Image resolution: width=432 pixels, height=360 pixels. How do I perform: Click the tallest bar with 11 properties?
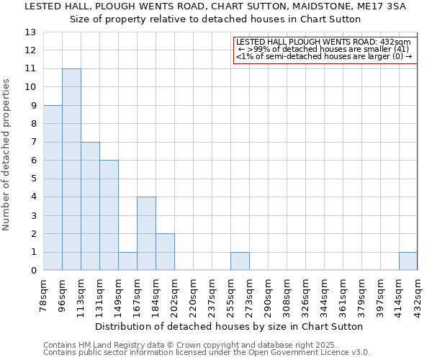[71, 169]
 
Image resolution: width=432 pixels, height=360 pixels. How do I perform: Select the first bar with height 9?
[53, 187]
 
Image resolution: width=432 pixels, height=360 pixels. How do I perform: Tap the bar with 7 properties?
[90, 206]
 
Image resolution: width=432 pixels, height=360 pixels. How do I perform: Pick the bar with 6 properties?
[109, 215]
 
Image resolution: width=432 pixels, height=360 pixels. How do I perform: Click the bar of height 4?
[146, 233]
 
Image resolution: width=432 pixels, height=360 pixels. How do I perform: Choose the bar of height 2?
[165, 252]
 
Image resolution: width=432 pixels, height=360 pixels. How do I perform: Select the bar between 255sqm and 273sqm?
[240, 261]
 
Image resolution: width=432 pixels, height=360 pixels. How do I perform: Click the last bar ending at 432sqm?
[408, 261]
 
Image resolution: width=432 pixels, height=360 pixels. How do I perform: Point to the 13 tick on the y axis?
[30, 32]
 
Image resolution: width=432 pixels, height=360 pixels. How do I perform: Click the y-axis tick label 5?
[33, 179]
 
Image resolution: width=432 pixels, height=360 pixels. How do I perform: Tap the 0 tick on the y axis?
[33, 271]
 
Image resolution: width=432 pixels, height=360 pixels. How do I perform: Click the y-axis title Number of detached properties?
[7, 155]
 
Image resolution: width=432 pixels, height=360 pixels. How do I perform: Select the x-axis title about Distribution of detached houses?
[230, 326]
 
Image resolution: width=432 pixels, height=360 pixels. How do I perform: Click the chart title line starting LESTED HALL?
[216, 6]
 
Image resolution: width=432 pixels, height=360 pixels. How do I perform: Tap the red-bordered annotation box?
[325, 49]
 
